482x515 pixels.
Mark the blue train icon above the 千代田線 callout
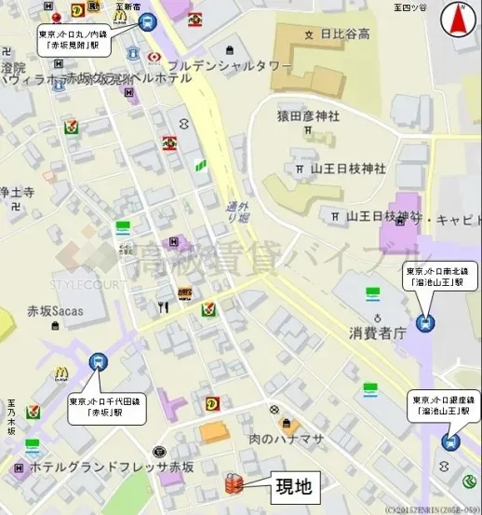[97, 362]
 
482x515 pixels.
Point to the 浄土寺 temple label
[17, 193]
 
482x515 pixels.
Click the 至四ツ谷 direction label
[408, 7]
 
